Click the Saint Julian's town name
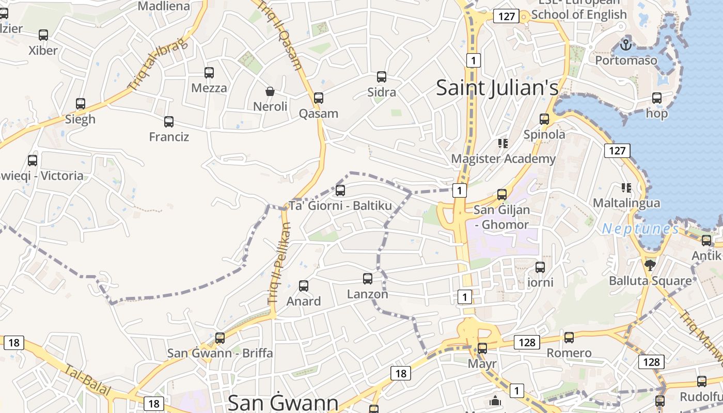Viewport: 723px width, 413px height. tap(497, 87)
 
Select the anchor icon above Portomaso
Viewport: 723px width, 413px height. tap(626, 45)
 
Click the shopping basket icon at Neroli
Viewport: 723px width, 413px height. tap(270, 91)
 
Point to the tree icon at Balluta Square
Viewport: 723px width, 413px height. tap(650, 265)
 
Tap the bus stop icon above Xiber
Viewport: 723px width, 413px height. tap(43, 35)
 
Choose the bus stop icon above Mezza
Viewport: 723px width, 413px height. tap(209, 73)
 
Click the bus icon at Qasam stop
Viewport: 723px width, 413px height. tap(319, 98)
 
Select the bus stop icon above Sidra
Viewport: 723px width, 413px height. tap(382, 77)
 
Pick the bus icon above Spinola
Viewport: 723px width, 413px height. tap(544, 119)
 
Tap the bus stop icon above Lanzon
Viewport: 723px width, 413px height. tap(368, 279)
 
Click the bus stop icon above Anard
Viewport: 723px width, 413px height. tap(304, 285)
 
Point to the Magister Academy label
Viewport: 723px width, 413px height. tap(503, 158)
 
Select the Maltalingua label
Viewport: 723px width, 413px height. tap(626, 203)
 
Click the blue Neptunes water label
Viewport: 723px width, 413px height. tap(640, 229)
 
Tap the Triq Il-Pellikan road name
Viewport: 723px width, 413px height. tap(279, 263)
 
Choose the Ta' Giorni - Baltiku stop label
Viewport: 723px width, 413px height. tap(340, 206)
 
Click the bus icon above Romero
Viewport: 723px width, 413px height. tap(569, 338)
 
